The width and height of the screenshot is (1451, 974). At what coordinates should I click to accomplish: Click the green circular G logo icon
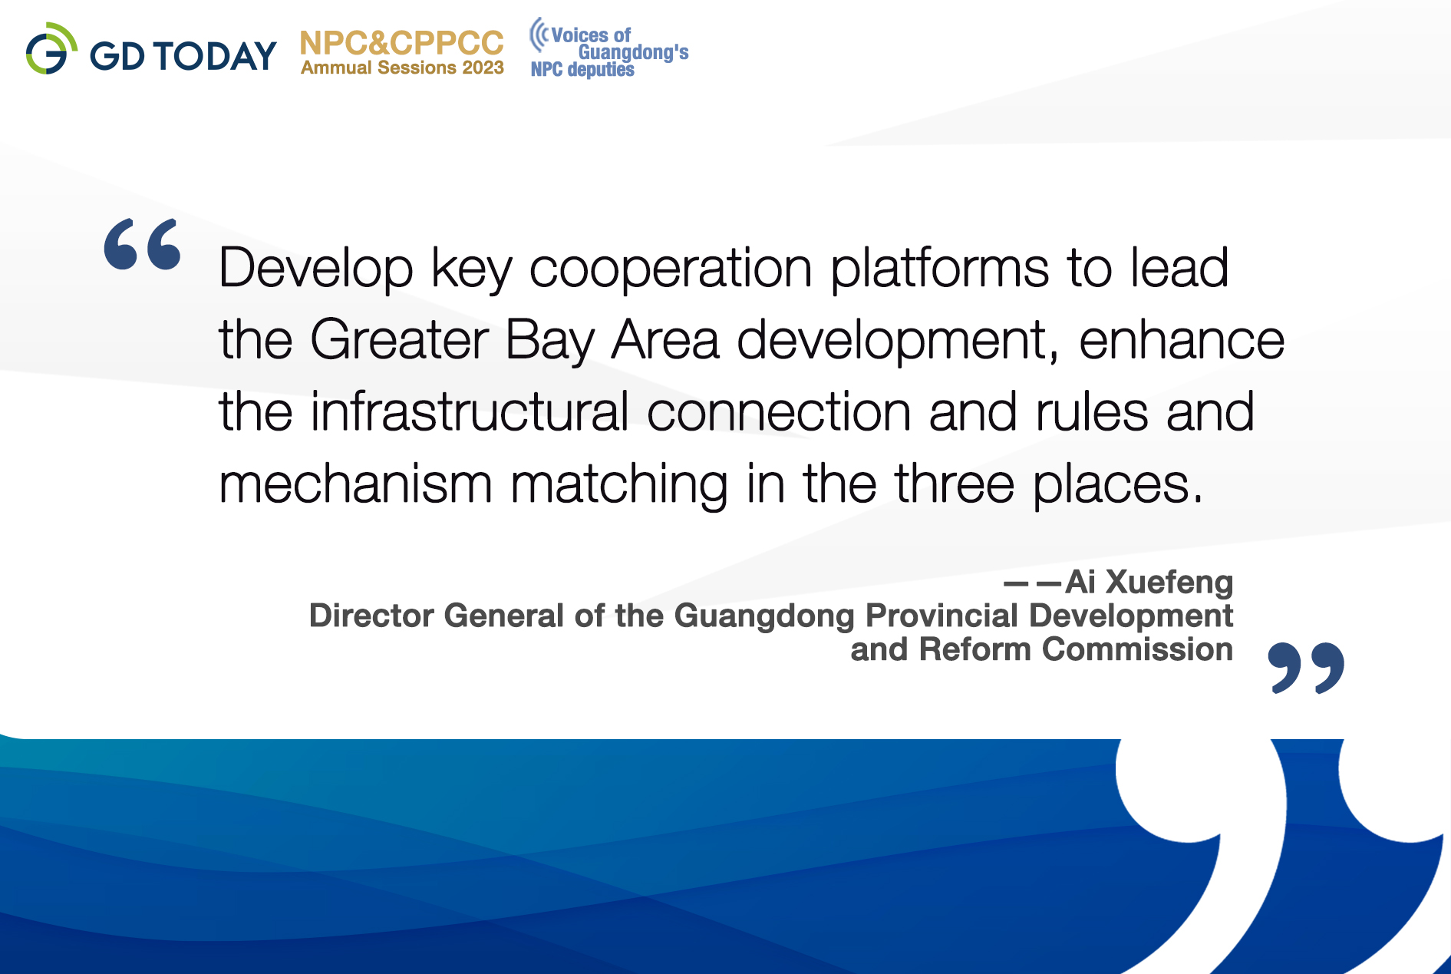(51, 49)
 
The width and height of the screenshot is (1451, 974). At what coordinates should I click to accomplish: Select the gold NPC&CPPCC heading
(401, 43)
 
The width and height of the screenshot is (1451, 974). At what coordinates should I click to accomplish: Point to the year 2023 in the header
(483, 68)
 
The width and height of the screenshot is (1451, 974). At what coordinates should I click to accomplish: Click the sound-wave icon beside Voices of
(539, 35)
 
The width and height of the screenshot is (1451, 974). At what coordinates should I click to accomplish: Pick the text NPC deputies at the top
(582, 69)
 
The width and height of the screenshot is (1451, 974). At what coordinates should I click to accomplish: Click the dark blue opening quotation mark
(143, 244)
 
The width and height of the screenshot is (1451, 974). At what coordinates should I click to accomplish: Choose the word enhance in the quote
(1182, 339)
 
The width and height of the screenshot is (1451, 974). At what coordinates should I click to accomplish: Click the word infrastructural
(470, 411)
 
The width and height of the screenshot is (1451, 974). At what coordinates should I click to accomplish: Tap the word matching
(619, 484)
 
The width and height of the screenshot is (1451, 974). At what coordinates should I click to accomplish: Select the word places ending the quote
(1118, 484)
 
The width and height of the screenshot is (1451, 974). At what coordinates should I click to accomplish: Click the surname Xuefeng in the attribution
(1169, 582)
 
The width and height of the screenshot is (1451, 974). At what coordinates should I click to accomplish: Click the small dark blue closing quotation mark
(1306, 668)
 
